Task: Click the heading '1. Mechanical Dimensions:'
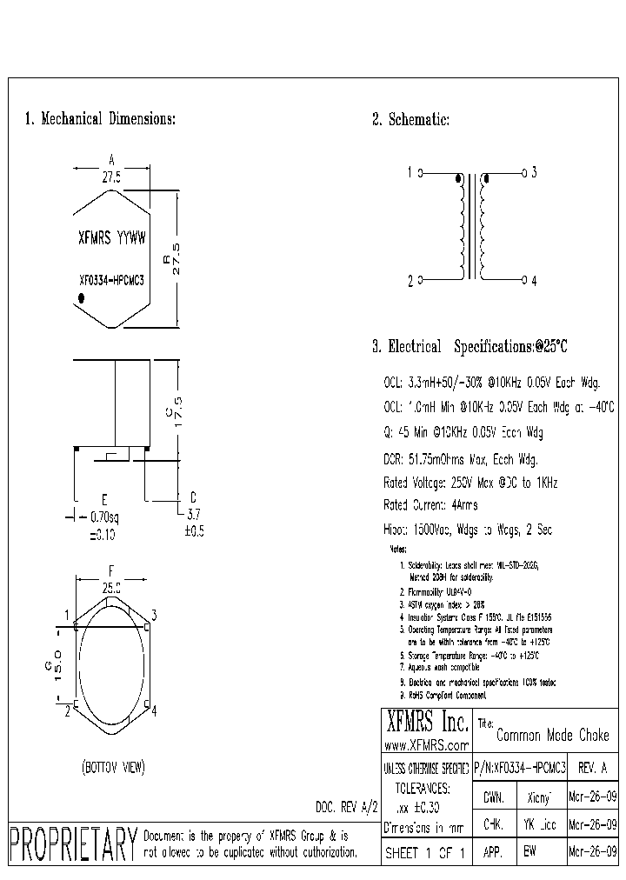[x=100, y=119]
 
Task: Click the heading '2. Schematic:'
[x=410, y=120]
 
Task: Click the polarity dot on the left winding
[x=458, y=180]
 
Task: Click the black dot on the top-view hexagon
[x=81, y=298]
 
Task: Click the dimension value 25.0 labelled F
[x=111, y=589]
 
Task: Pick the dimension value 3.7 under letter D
[x=194, y=515]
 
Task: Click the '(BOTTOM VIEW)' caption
[x=113, y=767]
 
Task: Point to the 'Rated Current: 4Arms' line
[x=430, y=505]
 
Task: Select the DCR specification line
[x=460, y=459]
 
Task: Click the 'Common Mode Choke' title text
[x=552, y=736]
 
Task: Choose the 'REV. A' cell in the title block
[x=593, y=770]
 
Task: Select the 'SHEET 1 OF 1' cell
[x=426, y=853]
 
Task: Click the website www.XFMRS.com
[x=426, y=746]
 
